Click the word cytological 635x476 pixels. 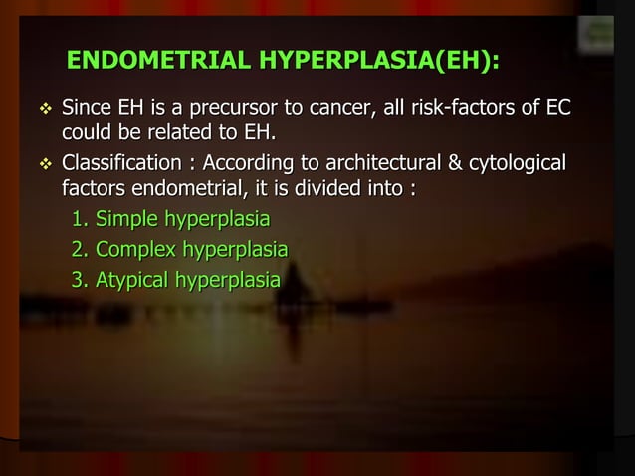point(516,162)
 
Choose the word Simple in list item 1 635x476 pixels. point(123,219)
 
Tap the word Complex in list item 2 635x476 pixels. point(130,249)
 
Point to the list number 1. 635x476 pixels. point(78,219)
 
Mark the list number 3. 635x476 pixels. point(78,280)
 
